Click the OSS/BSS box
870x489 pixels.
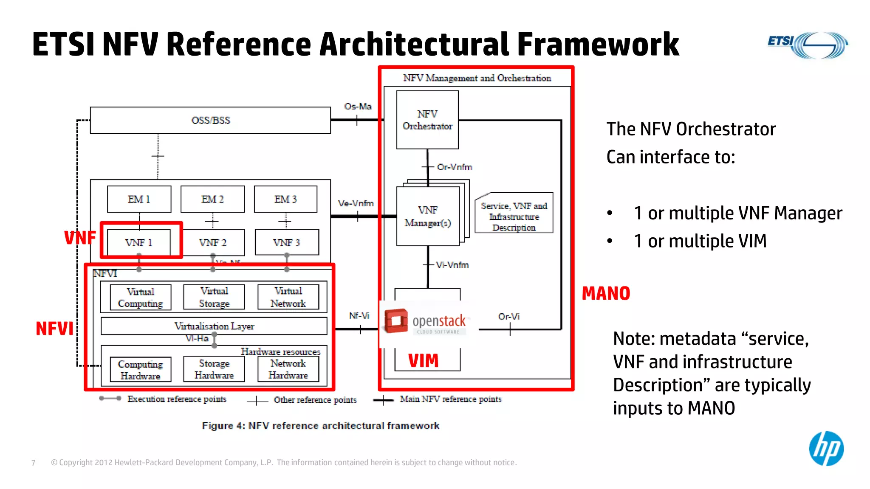pyautogui.click(x=210, y=120)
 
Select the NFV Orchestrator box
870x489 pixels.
pyautogui.click(x=427, y=120)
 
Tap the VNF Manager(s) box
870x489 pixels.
pyautogui.click(x=428, y=216)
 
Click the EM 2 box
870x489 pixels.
pyautogui.click(x=212, y=199)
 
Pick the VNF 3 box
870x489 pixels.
pyautogui.click(x=287, y=242)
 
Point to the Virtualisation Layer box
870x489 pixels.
pyautogui.click(x=214, y=326)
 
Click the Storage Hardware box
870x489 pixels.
pyautogui.click(x=214, y=369)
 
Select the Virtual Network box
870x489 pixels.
pyautogui.click(x=288, y=297)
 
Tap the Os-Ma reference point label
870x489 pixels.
pyautogui.click(x=358, y=106)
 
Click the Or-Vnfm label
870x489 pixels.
pyautogui.click(x=454, y=167)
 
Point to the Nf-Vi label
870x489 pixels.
pyautogui.click(x=359, y=316)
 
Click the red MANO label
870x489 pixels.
pyautogui.click(x=606, y=293)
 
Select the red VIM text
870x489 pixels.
pyautogui.click(x=423, y=361)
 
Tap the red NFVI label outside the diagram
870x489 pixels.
pyautogui.click(x=54, y=329)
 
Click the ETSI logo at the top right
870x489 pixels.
pyautogui.click(x=807, y=45)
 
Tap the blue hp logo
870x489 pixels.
pyautogui.click(x=826, y=449)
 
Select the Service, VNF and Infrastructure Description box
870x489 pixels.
pyautogui.click(x=514, y=216)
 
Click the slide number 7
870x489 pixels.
pyautogui.click(x=34, y=463)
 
